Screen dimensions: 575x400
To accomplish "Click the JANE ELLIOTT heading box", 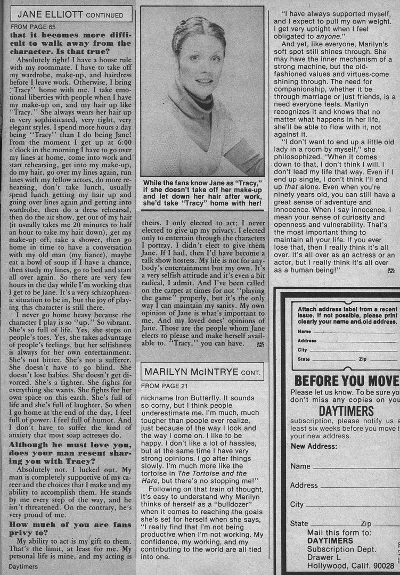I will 71,13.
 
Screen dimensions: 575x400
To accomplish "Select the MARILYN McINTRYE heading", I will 202,371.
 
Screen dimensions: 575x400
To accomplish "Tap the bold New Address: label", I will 314,446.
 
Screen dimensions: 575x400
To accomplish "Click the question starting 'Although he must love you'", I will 70,453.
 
